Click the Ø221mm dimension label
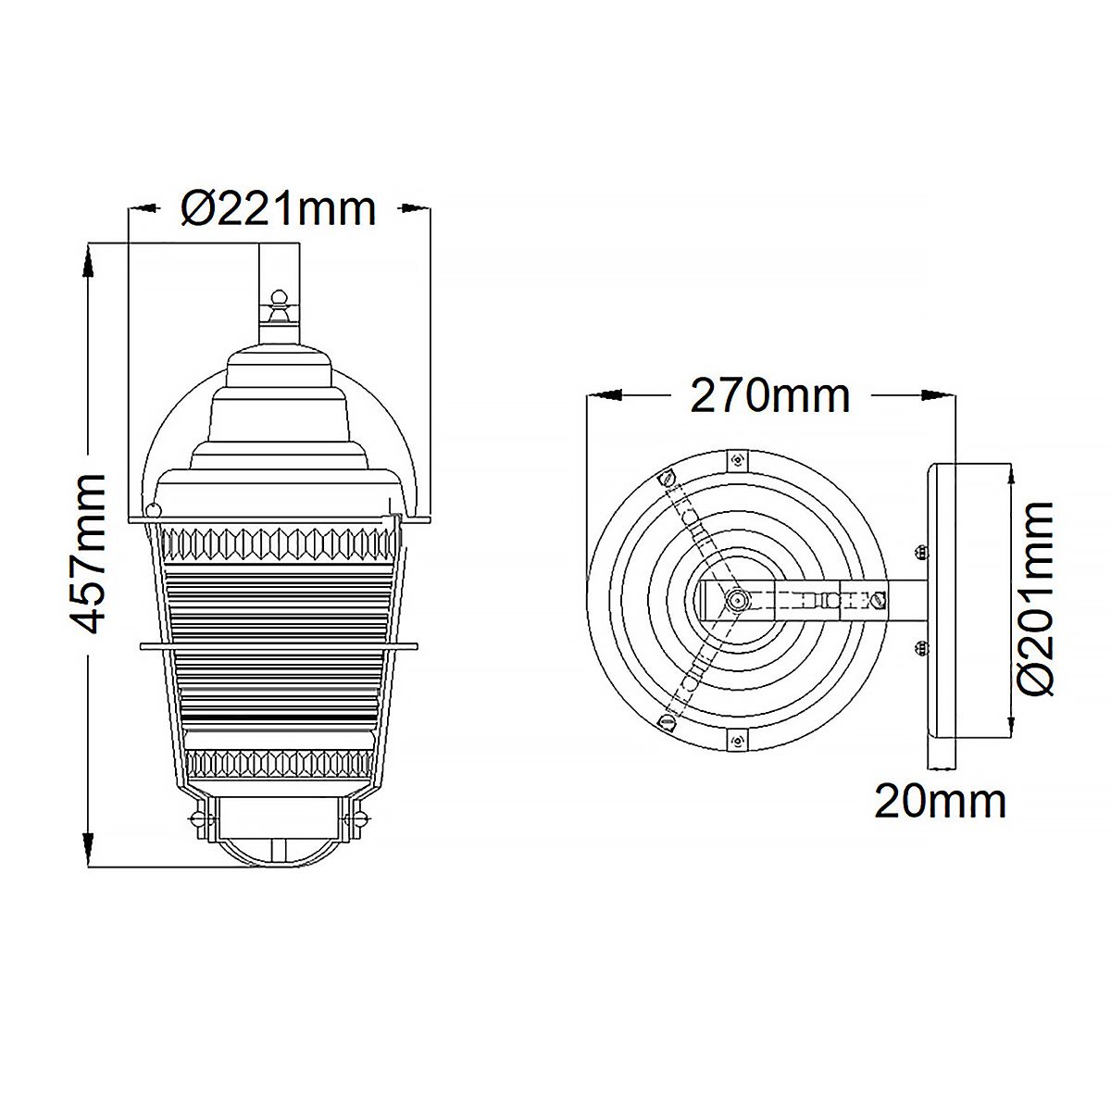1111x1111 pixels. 279,209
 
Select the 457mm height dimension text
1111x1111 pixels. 90,554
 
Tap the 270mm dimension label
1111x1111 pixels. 769,395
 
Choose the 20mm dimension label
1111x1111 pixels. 941,801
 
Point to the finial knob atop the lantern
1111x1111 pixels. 278,300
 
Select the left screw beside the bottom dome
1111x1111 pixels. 197,818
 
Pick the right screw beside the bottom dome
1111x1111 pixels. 359,818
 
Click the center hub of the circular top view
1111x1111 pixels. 736,600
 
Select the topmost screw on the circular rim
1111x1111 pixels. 737,459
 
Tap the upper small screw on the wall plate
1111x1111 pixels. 919,553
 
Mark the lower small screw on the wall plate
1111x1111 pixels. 919,647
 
